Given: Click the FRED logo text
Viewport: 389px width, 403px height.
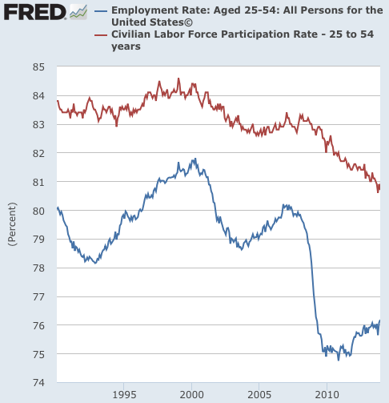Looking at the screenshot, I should [x=33, y=12].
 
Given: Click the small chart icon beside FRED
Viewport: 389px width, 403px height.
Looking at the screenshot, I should [x=78, y=12].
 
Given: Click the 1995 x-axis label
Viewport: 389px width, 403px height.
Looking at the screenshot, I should [x=123, y=395].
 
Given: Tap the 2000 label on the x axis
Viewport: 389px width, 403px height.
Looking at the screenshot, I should [x=191, y=395].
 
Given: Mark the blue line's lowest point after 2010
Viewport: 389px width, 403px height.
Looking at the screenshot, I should [x=338, y=359].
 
